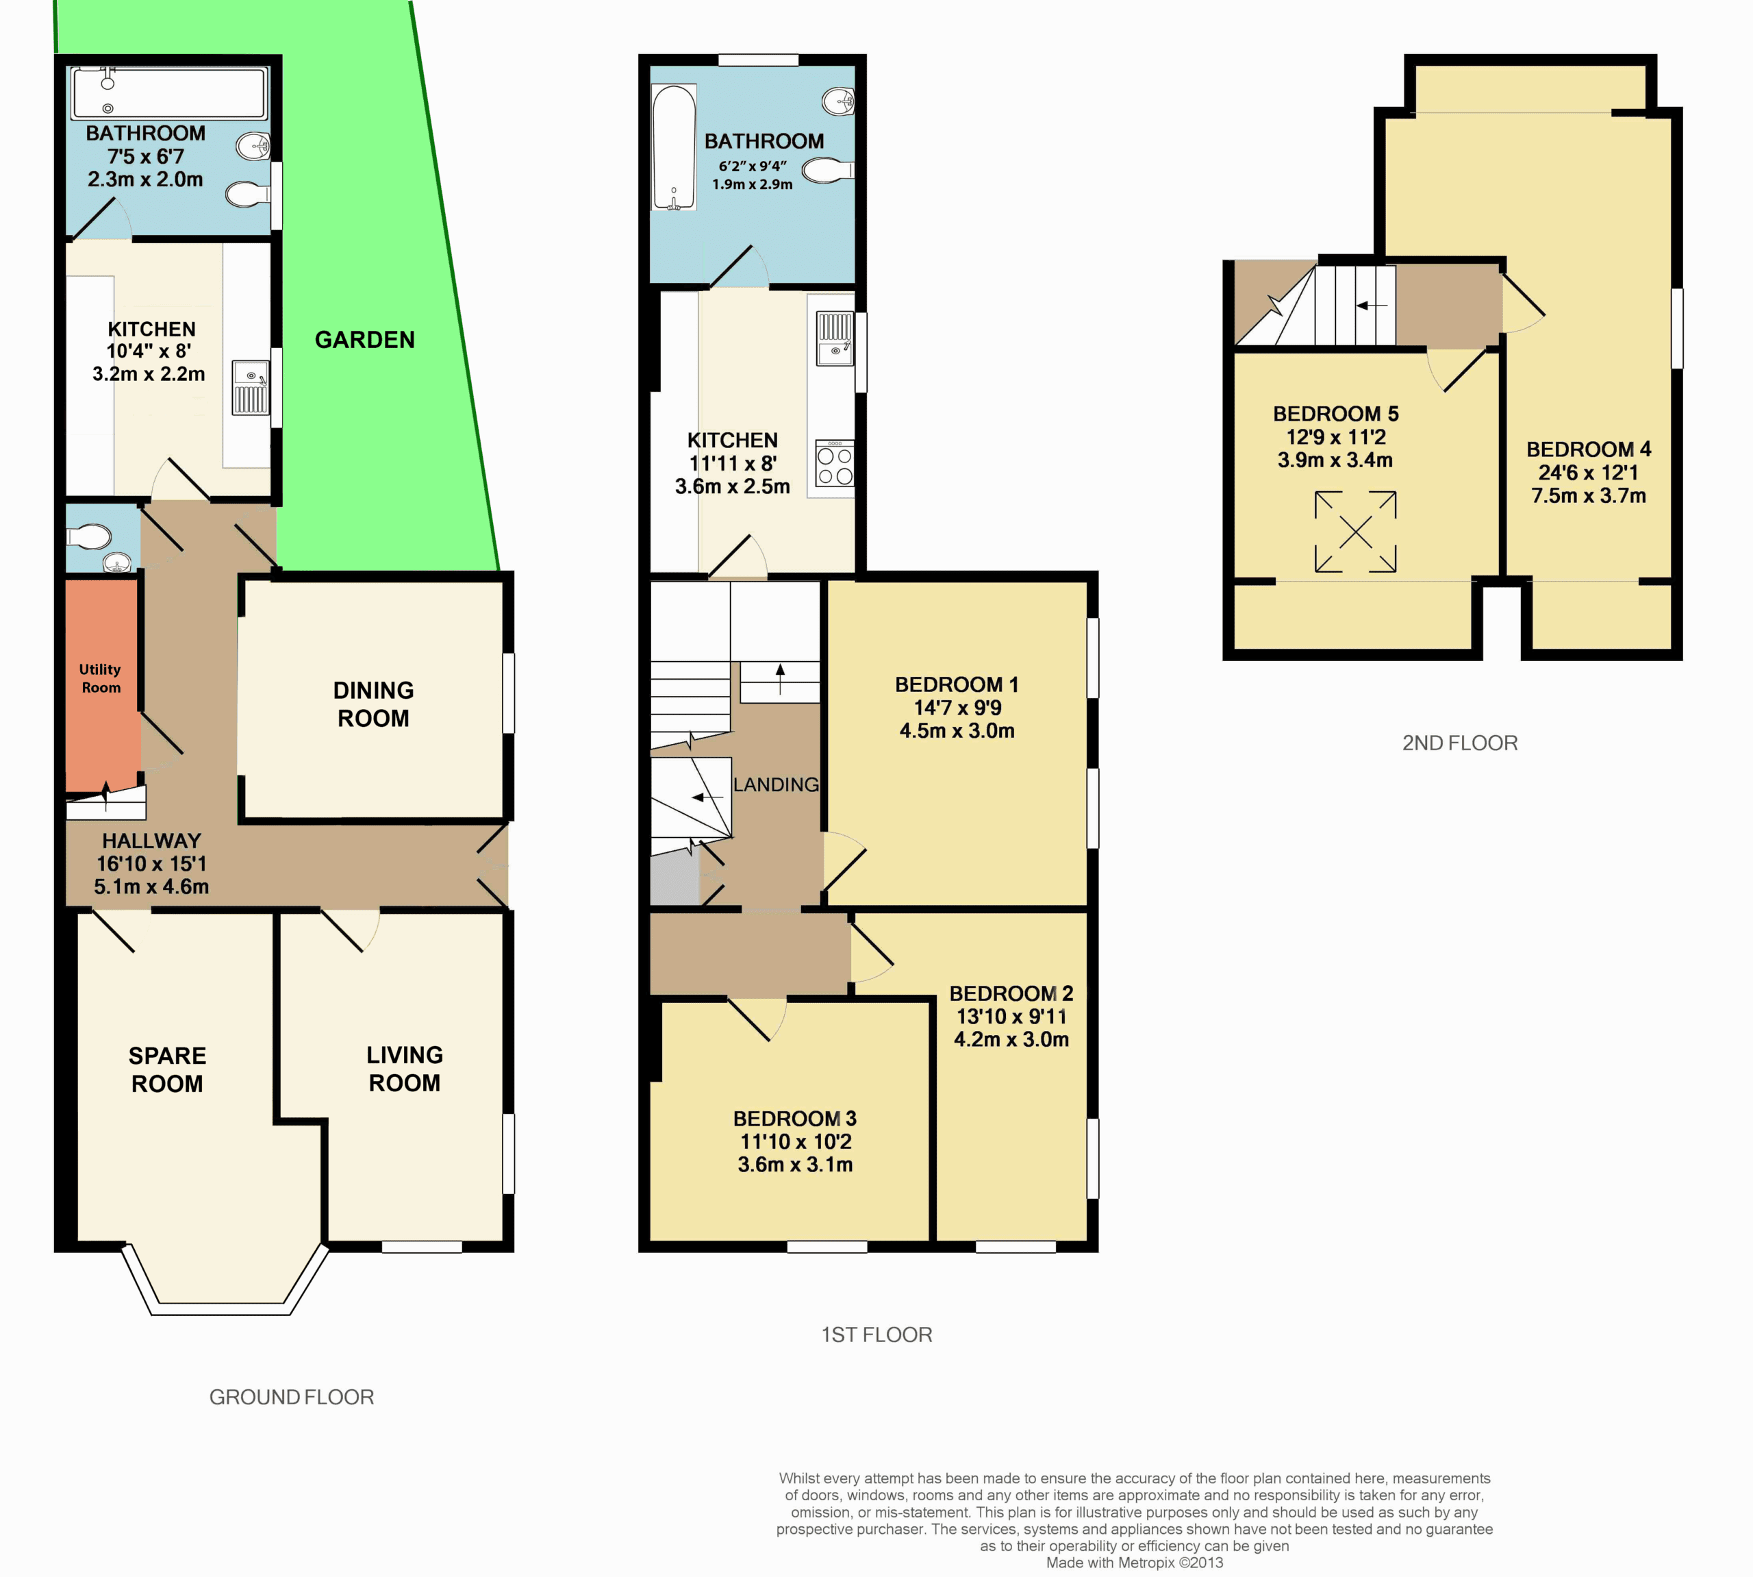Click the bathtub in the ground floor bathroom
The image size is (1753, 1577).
(x=170, y=92)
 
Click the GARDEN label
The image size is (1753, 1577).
(x=364, y=340)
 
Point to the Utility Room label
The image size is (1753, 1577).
(x=101, y=678)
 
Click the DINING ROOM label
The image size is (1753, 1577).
(x=373, y=704)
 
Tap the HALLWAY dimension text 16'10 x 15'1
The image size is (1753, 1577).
(x=151, y=863)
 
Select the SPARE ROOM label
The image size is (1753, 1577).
(x=167, y=1069)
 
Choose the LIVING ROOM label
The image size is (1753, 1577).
(x=405, y=1069)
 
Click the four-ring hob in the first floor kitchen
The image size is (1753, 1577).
(x=835, y=464)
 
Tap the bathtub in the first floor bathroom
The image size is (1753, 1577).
(x=673, y=147)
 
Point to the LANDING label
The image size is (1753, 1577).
(x=775, y=784)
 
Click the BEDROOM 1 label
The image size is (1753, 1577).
(x=956, y=684)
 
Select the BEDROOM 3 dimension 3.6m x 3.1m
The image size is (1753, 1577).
(x=795, y=1165)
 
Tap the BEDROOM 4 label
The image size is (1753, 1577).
(x=1589, y=449)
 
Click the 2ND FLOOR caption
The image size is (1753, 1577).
(x=1460, y=743)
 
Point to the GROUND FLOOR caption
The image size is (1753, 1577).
(x=292, y=1398)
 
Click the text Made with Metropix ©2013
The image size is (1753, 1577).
(x=1135, y=1562)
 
